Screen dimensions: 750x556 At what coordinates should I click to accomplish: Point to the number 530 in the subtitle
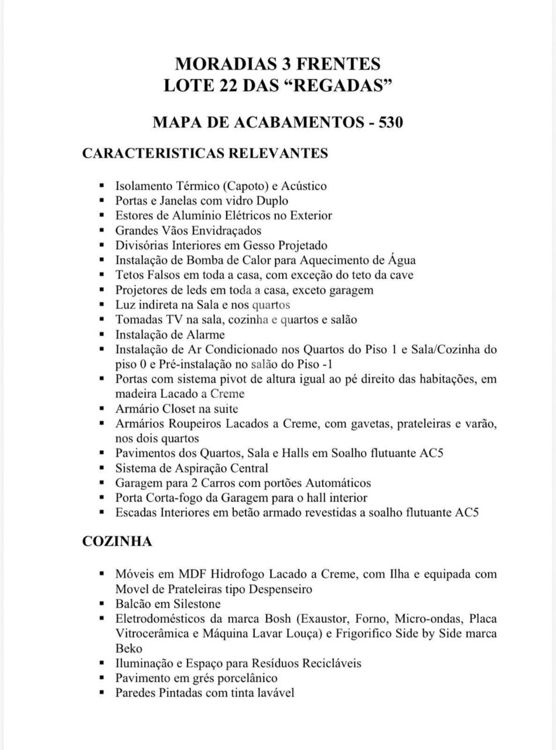[390, 122]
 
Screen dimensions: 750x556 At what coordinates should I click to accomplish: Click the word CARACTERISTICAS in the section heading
[153, 154]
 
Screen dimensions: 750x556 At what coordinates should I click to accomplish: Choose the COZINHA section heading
[117, 541]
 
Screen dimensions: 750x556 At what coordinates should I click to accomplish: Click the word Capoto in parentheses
[245, 186]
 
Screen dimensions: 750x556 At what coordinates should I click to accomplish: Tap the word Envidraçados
[224, 231]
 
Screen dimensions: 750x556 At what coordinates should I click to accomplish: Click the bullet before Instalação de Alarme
[102, 335]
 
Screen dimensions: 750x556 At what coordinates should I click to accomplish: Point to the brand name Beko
[129, 649]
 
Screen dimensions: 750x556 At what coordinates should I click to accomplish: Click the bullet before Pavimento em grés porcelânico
[102, 678]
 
